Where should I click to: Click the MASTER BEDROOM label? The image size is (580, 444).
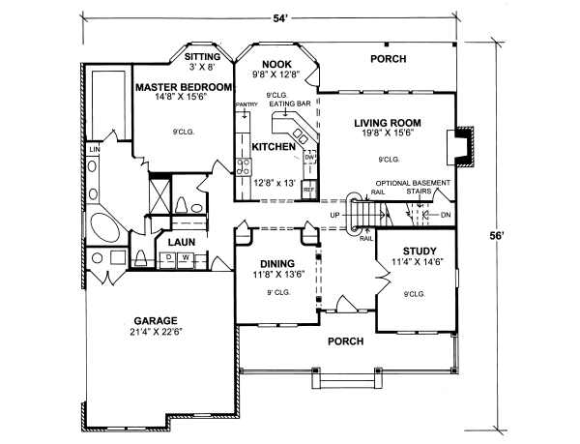tap(184, 87)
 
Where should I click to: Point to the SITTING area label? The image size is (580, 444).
tap(209, 57)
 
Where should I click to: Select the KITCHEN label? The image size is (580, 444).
tap(273, 147)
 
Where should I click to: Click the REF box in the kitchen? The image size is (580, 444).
tap(309, 189)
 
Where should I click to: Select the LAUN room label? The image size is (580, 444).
tap(183, 242)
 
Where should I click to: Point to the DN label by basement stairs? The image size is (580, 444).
tap(446, 215)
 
